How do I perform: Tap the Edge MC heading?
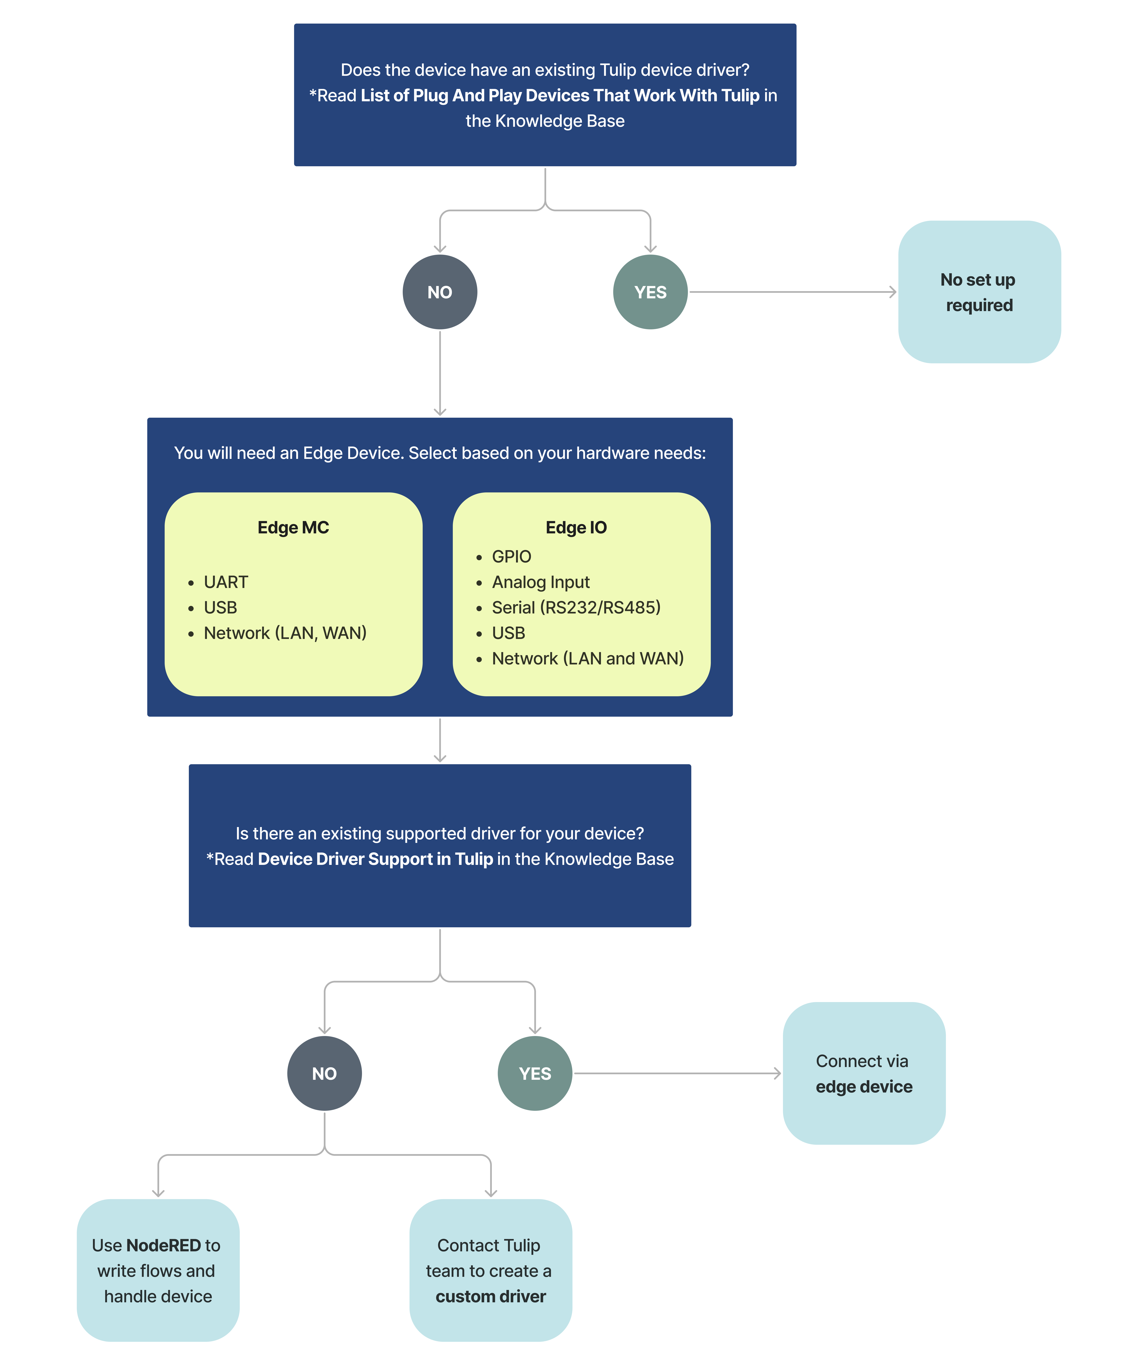[x=293, y=527]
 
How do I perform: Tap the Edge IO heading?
[x=576, y=527]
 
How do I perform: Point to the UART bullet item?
[x=226, y=582]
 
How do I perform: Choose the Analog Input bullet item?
[x=541, y=582]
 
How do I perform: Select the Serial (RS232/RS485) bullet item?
[x=576, y=607]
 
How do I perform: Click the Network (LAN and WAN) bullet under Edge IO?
[x=587, y=658]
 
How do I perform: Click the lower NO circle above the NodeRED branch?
[x=324, y=1074]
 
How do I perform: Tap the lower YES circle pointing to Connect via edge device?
[x=535, y=1074]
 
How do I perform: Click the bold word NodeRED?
[x=164, y=1245]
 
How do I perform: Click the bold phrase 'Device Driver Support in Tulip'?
[x=375, y=859]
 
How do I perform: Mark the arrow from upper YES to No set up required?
[x=792, y=292]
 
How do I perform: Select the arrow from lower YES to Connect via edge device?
[x=677, y=1074]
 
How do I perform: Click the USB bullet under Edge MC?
[x=220, y=607]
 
